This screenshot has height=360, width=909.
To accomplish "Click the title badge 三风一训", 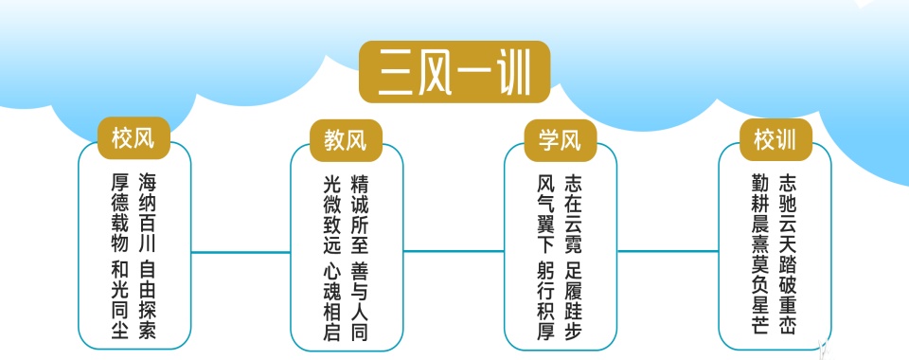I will coord(454,72).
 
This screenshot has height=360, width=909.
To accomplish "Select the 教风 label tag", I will coord(346,142).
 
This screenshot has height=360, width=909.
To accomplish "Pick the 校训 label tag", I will coord(775,140).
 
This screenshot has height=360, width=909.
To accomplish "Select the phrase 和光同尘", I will coord(120,300).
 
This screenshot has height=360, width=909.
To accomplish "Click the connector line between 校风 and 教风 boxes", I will coord(241,252).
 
